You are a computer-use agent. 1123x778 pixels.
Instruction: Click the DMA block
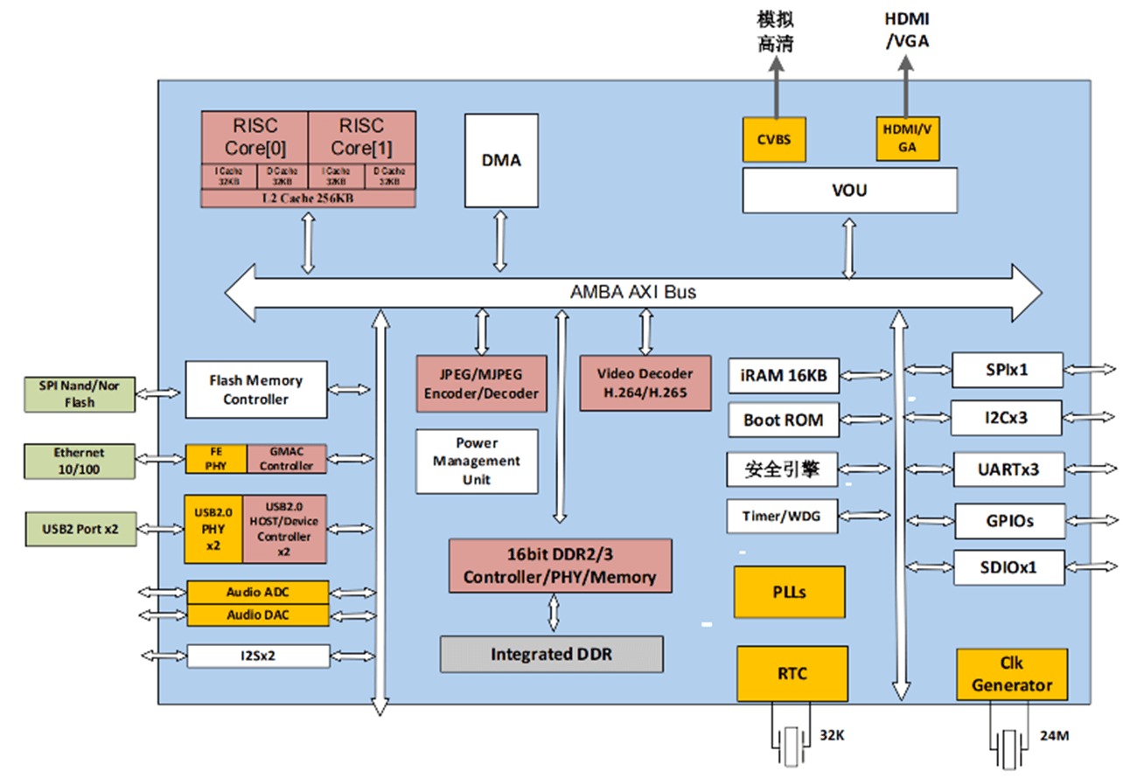click(x=501, y=160)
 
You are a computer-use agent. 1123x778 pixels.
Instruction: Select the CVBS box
click(x=774, y=138)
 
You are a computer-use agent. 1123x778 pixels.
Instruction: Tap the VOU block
click(x=849, y=189)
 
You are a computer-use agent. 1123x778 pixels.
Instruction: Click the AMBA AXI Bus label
click(x=633, y=292)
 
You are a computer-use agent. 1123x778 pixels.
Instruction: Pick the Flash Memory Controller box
click(x=255, y=389)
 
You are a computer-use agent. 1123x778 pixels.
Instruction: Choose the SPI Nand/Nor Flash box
click(x=80, y=394)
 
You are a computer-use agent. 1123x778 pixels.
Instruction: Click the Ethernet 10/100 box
click(x=80, y=462)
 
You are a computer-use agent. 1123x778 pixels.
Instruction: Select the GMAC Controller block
click(x=286, y=459)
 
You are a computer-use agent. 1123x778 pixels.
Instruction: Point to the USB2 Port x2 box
click(x=80, y=529)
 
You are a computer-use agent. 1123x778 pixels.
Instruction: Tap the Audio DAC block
click(x=257, y=615)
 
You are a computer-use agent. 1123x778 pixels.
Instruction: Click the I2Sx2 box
click(x=257, y=656)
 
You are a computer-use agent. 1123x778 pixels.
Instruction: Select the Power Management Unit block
click(x=477, y=461)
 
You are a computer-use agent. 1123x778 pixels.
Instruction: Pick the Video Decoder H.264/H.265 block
click(x=645, y=383)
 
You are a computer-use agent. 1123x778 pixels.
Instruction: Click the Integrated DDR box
click(x=551, y=654)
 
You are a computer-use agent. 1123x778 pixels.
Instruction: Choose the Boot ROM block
click(x=784, y=420)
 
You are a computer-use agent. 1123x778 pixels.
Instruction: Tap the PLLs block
click(x=789, y=592)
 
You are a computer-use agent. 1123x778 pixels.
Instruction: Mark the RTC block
click(x=792, y=674)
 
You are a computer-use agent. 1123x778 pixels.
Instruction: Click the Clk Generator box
click(x=1012, y=674)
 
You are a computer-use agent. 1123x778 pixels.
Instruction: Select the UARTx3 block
click(x=1008, y=469)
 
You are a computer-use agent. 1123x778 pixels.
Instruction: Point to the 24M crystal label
click(x=1055, y=735)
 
